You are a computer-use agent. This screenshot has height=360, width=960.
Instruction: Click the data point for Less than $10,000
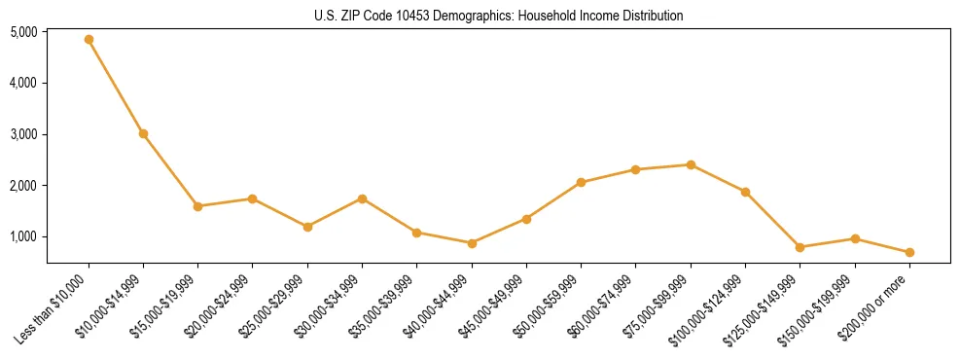[89, 40]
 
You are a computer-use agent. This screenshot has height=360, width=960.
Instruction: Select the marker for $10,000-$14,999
[143, 133]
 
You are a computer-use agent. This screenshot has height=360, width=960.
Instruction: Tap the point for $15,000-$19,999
[197, 206]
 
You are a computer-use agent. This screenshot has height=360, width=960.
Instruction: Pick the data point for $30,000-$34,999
[362, 198]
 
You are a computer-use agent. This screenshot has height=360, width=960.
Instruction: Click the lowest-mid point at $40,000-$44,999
[472, 243]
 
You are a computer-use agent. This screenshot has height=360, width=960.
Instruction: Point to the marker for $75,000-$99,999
[691, 164]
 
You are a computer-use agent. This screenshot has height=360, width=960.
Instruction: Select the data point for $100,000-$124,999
[745, 192]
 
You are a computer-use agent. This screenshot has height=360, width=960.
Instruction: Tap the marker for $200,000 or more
[909, 252]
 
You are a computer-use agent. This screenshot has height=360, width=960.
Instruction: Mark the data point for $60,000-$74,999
[635, 169]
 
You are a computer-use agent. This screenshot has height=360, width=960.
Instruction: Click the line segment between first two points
[116, 87]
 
